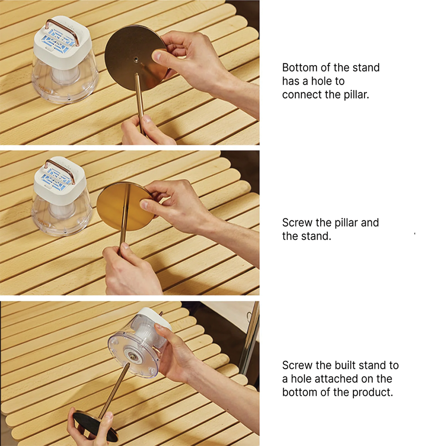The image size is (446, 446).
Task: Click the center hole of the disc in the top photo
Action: point(136,59)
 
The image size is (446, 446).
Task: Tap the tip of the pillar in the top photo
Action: point(136,74)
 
